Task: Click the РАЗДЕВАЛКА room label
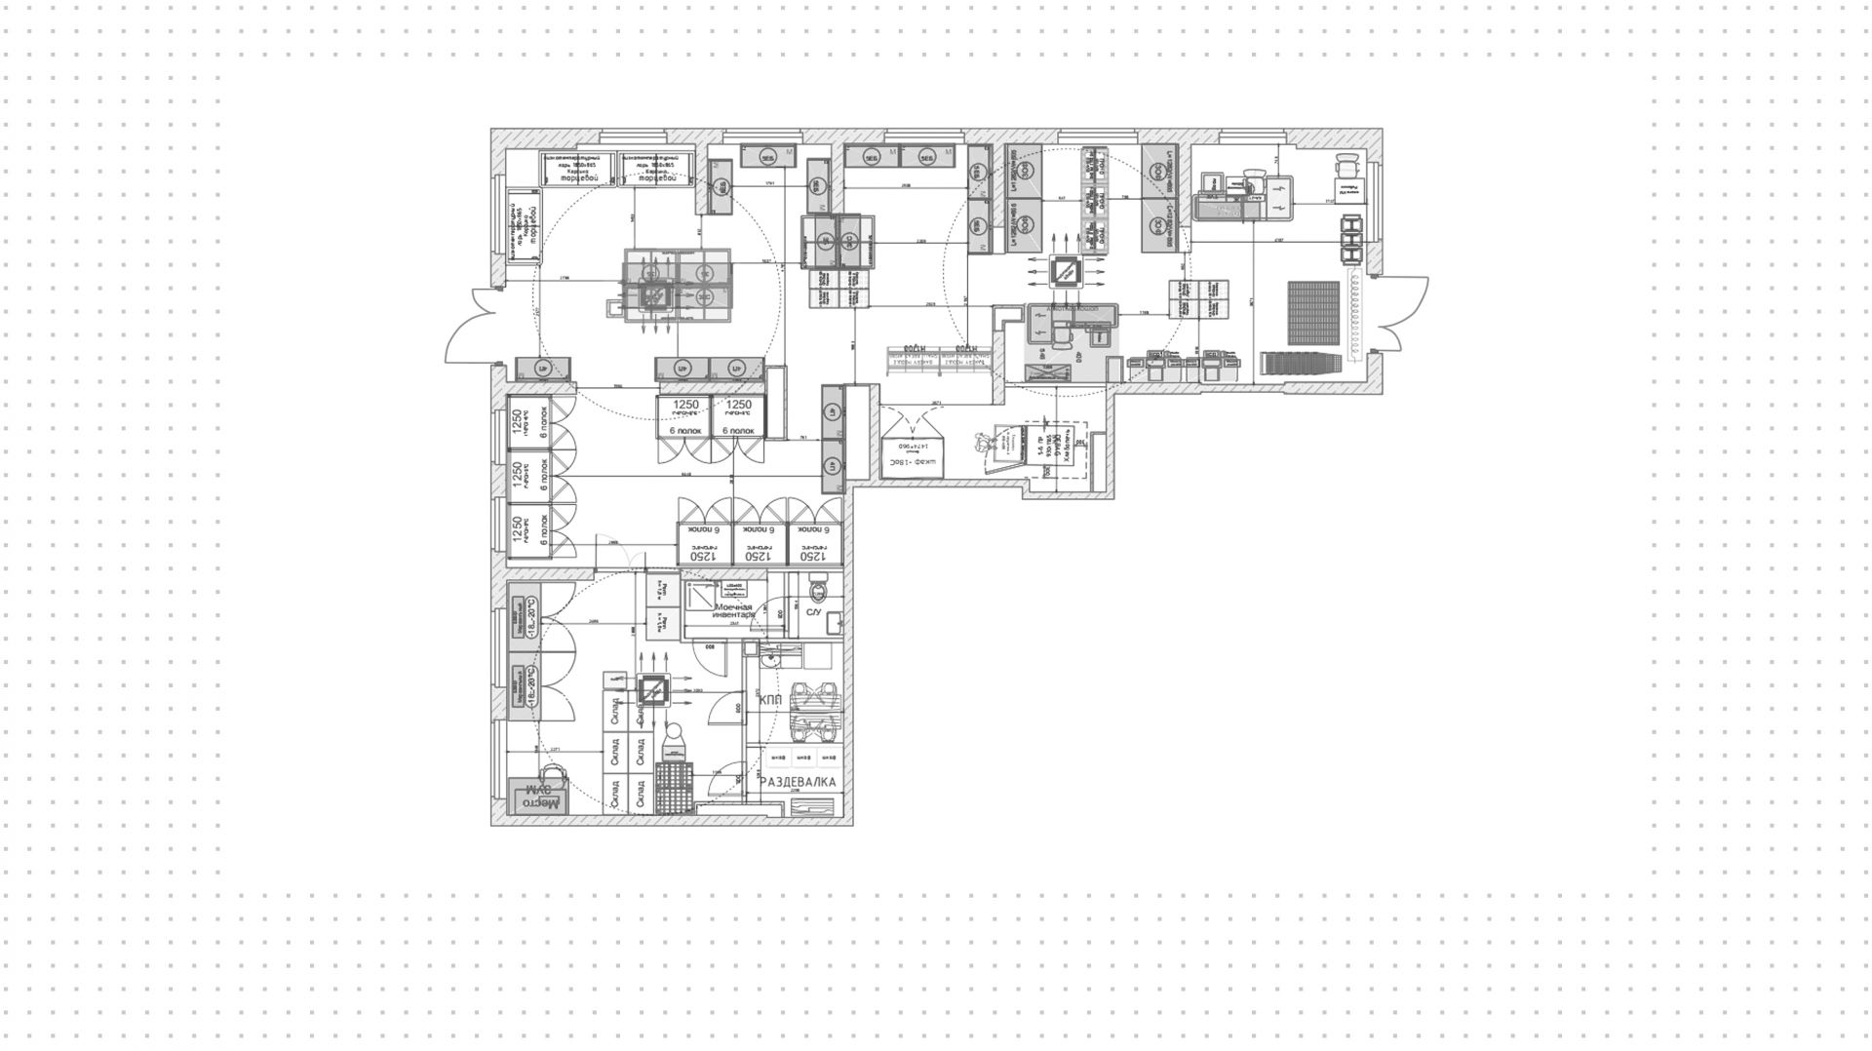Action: click(798, 782)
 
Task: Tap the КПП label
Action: click(771, 698)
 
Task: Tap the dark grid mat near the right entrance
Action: click(1314, 313)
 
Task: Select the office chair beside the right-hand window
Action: click(1347, 168)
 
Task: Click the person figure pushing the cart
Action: click(986, 445)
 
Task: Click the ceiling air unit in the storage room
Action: click(652, 692)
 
